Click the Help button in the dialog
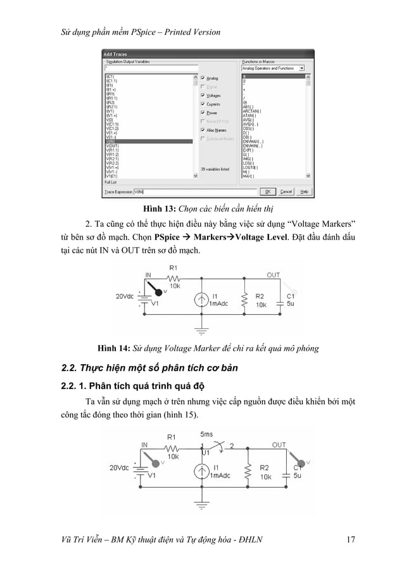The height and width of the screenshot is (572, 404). (304, 191)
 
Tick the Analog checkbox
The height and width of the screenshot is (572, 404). (203, 79)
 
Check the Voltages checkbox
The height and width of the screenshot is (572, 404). (203, 96)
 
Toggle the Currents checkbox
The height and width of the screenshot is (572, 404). (203, 104)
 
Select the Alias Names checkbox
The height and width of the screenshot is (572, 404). (203, 129)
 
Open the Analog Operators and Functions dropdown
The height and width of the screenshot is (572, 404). (273, 68)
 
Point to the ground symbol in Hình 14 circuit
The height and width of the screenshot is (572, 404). (202, 329)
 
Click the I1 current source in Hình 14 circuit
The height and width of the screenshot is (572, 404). (202, 300)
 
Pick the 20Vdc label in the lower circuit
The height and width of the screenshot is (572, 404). (118, 468)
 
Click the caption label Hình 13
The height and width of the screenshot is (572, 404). (159, 208)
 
